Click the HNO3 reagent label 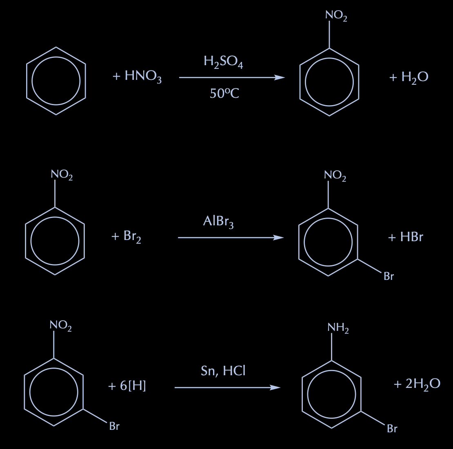pos(143,77)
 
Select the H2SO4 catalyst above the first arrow pos(223,62)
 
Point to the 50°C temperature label pos(224,93)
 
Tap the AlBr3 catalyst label pos(218,222)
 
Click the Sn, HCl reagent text pos(223,371)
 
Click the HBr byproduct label pos(411,237)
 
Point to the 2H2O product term pos(423,384)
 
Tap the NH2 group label pos(338,328)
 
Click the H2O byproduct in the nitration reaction pos(415,77)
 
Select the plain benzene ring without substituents pos(56,81)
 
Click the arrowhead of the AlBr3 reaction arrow pos(279,238)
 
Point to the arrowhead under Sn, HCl pos(276,387)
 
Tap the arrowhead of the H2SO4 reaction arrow pos(280,77)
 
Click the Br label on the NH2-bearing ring pos(392,429)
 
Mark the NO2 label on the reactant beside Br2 pos(62,175)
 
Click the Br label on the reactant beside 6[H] pos(114,427)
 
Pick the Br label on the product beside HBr pos(389,276)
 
